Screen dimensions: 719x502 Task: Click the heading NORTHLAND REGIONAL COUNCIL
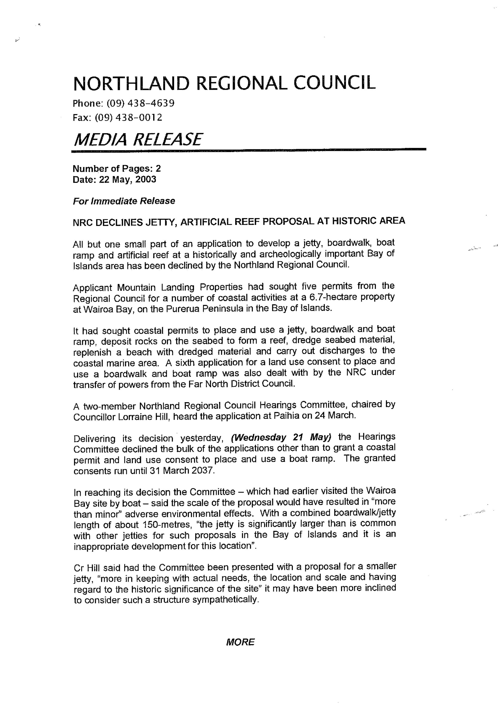tap(224, 83)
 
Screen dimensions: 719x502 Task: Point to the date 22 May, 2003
tap(127, 180)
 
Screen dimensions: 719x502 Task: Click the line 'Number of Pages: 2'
tap(117, 169)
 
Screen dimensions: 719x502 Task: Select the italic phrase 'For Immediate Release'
tap(124, 201)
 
